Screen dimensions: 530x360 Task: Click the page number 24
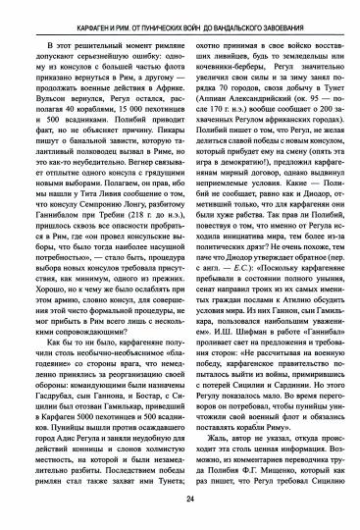[180, 500]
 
